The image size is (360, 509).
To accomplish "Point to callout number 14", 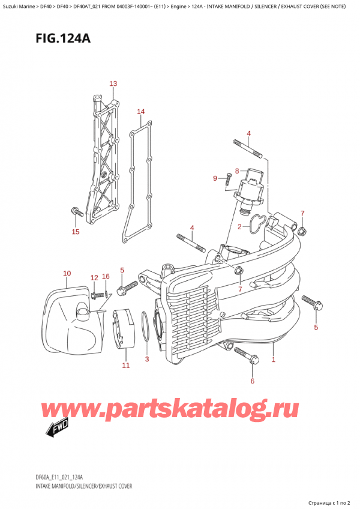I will click(x=140, y=112).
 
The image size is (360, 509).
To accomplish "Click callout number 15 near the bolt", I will click(x=75, y=232).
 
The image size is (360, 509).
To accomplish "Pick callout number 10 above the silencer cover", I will click(x=67, y=274).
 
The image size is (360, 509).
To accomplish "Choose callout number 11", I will click(x=125, y=365).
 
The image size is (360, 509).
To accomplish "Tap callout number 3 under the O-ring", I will click(x=147, y=359).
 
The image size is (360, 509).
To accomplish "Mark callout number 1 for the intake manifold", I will click(x=274, y=360).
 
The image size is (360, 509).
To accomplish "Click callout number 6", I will click(x=253, y=381).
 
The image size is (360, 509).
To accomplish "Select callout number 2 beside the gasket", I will click(x=239, y=227).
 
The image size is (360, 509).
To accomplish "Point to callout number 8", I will click(x=237, y=170).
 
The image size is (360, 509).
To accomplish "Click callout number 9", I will click(x=215, y=178).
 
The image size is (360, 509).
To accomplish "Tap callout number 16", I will click(x=106, y=277).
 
